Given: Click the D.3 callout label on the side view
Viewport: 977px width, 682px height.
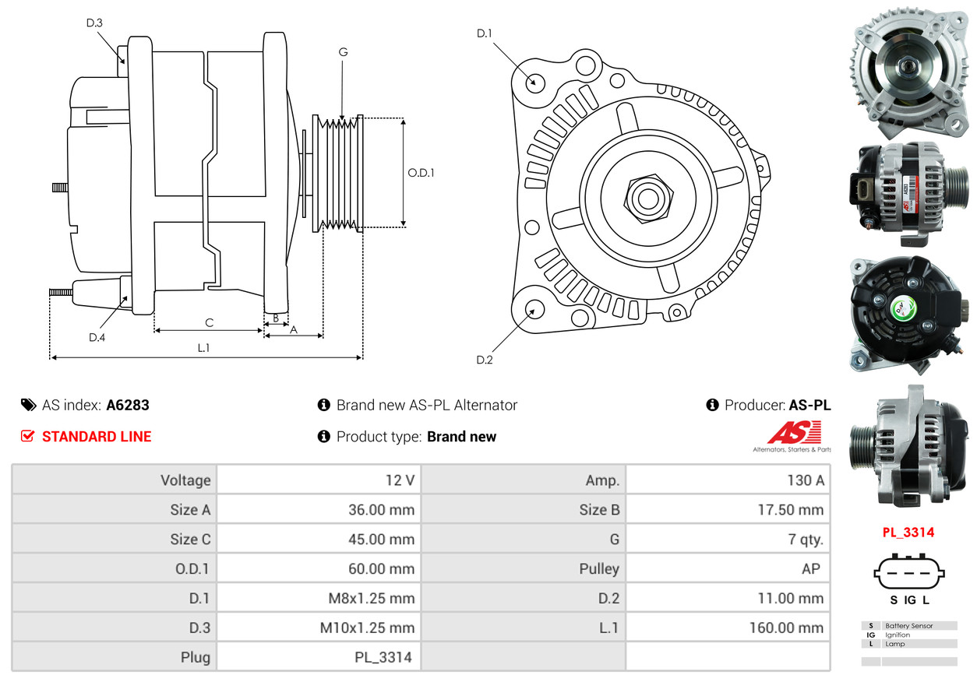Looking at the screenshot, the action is [94, 23].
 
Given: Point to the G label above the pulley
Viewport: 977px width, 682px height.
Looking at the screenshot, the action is [344, 52].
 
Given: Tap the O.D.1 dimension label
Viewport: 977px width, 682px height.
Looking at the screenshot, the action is [421, 173].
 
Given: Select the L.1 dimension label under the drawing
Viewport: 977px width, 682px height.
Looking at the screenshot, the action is [203, 348].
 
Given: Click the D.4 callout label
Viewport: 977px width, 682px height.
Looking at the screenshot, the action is [97, 337].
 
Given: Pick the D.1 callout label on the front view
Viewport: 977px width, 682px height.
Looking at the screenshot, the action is [484, 33].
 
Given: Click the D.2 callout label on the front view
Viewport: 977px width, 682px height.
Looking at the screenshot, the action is [485, 360].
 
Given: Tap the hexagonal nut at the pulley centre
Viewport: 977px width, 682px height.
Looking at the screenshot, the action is [648, 199].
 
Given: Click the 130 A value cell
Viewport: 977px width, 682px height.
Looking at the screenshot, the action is [806, 480].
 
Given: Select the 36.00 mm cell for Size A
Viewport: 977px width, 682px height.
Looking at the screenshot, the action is [381, 510].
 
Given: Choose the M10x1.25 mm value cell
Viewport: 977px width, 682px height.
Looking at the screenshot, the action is [367, 628].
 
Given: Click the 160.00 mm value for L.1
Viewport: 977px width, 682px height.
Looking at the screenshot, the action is [786, 628].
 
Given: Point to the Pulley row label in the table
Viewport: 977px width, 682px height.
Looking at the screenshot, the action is [599, 568].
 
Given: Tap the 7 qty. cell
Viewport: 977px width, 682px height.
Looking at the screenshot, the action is [806, 540].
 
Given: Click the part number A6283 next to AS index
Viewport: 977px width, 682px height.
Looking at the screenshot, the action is [128, 406].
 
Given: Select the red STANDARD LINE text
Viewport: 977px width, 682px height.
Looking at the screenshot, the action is [97, 437].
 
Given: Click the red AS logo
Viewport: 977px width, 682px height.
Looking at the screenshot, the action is [794, 432].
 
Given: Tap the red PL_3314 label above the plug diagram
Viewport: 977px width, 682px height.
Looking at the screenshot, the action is [908, 532].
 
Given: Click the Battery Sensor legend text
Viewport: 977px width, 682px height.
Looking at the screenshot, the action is [909, 626].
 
